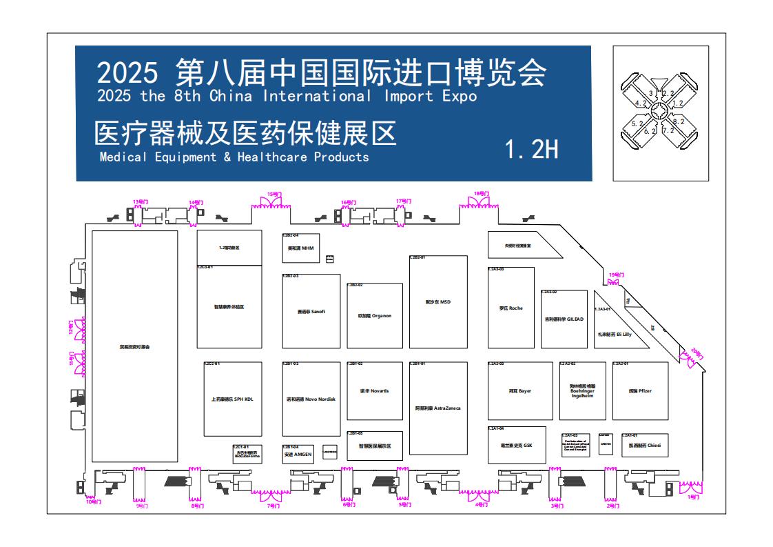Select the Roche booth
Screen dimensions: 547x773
pyautogui.click(x=511, y=308)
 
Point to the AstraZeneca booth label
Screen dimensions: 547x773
pyautogui.click(x=437, y=408)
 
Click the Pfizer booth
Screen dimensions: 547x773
pyautogui.click(x=640, y=391)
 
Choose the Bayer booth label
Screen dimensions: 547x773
pyautogui.click(x=520, y=391)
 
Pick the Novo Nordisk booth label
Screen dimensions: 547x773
pyautogui.click(x=311, y=399)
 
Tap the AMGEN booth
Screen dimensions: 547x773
pyautogui.click(x=298, y=455)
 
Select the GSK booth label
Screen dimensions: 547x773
pyautogui.click(x=517, y=445)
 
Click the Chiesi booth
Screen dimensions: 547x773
pyautogui.click(x=644, y=446)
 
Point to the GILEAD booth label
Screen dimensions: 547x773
pyautogui.click(x=564, y=319)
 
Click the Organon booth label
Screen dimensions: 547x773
pyautogui.click(x=375, y=316)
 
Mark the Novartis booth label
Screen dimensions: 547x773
pyautogui.click(x=375, y=391)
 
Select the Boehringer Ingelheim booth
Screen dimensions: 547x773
pyautogui.click(x=582, y=390)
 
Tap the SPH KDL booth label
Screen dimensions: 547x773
pyautogui.click(x=233, y=399)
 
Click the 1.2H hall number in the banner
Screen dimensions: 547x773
pyautogui.click(x=532, y=150)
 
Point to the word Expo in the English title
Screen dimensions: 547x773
pyautogui.click(x=460, y=96)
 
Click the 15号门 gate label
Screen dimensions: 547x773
pyautogui.click(x=274, y=195)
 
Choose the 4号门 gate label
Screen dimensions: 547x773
pyautogui.click(x=482, y=505)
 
